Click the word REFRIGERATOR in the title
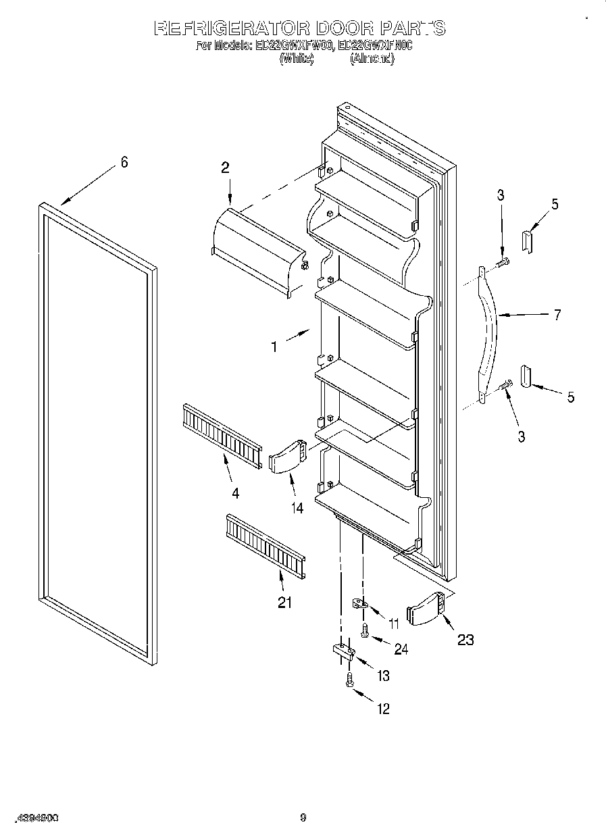click(x=232, y=28)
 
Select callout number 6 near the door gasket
click(x=124, y=162)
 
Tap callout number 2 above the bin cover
click(x=225, y=169)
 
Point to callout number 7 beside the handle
click(x=557, y=315)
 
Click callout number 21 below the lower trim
click(x=285, y=603)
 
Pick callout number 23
click(x=465, y=639)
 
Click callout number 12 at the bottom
click(x=384, y=709)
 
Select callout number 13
click(x=384, y=676)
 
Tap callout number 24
click(x=401, y=649)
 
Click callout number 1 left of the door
click(x=274, y=347)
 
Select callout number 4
click(x=235, y=494)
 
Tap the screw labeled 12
click(x=349, y=680)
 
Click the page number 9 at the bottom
click(x=303, y=818)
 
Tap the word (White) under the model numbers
click(x=297, y=59)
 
